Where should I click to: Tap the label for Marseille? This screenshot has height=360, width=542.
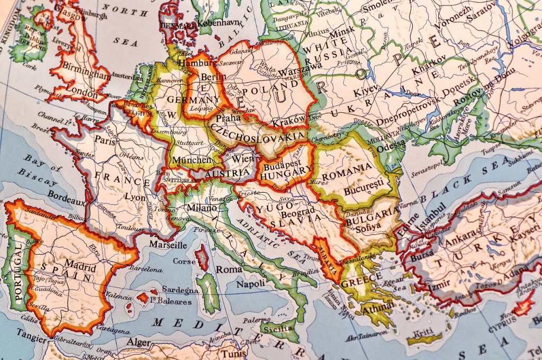[x=168, y=245]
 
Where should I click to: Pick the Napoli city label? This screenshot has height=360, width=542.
[x=250, y=284]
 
